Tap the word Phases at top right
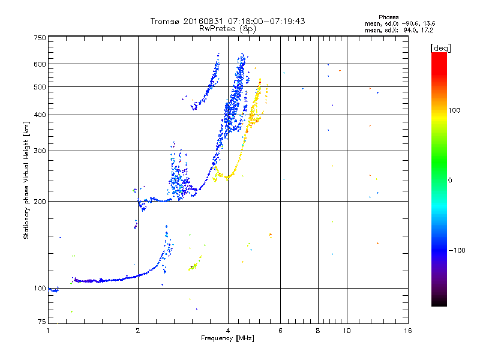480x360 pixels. click(388, 17)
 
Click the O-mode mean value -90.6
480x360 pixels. click(410, 23)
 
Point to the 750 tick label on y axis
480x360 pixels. click(40, 38)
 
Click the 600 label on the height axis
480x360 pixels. click(40, 64)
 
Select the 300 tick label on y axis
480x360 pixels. click(40, 151)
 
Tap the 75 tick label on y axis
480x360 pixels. click(42, 322)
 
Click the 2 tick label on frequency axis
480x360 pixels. click(138, 331)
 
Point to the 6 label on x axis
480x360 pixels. click(280, 331)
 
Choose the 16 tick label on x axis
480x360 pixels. click(408, 331)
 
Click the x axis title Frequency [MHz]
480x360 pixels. click(227, 338)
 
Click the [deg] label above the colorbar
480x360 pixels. click(440, 48)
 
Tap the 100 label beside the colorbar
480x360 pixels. click(454, 110)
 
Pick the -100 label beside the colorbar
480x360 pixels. click(457, 250)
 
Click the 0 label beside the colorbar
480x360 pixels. click(450, 180)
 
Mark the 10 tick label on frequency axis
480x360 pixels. click(347, 331)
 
